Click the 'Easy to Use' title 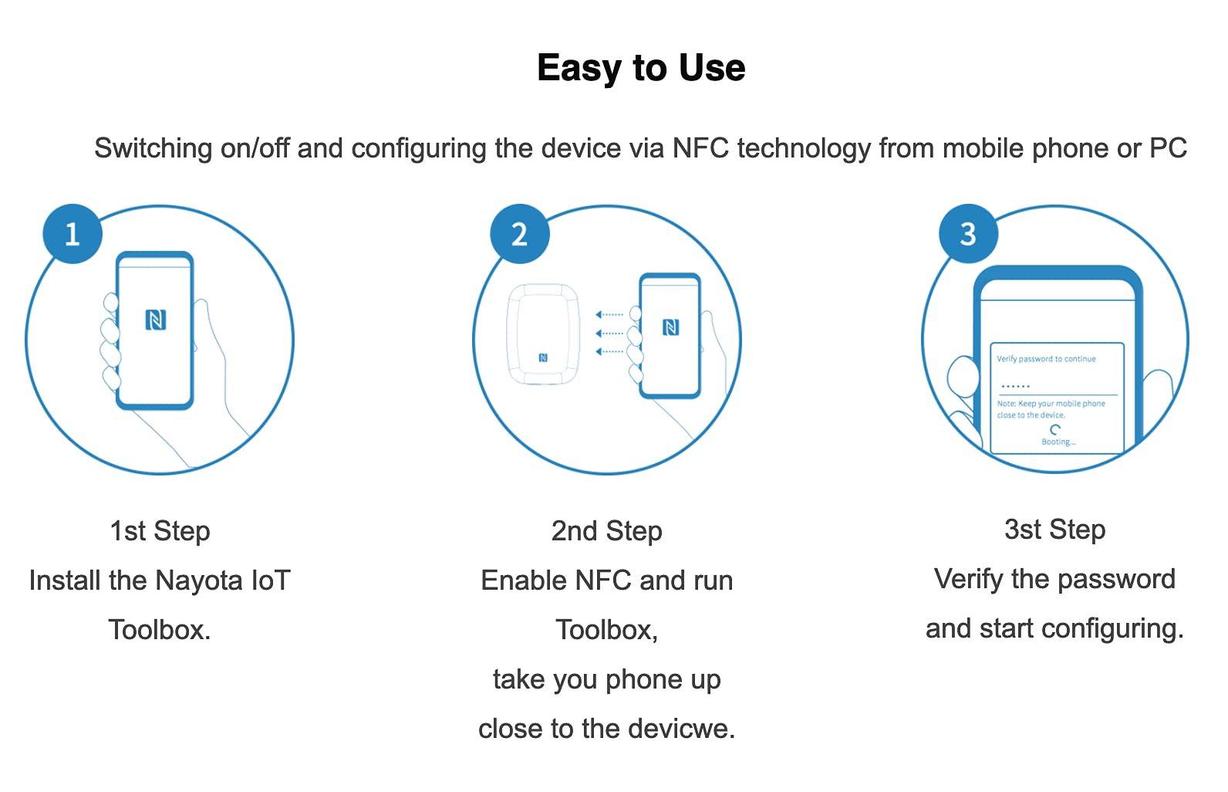[x=641, y=68]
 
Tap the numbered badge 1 [x=73, y=234]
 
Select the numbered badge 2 [x=520, y=234]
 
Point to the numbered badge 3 [x=968, y=234]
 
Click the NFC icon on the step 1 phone [x=156, y=320]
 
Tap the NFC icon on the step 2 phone [x=671, y=327]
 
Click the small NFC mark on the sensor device [x=543, y=357]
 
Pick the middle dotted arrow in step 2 [x=609, y=333]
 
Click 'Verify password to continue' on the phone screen [x=1046, y=359]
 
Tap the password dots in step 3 [x=1015, y=386]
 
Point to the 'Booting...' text [x=1058, y=442]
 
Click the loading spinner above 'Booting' [x=1055, y=429]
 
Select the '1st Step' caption [x=160, y=531]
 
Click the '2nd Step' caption [x=607, y=531]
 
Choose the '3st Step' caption [x=1054, y=530]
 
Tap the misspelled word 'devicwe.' [x=683, y=729]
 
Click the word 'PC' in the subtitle [x=1168, y=148]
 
